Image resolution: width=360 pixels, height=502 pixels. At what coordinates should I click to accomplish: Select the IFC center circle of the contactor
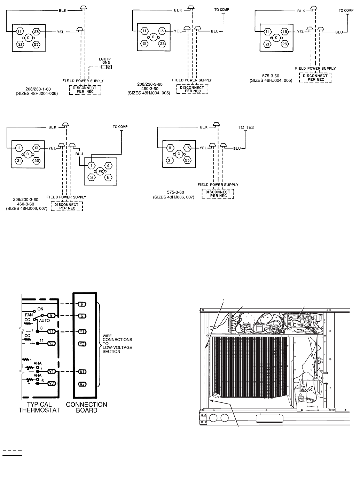point(100,172)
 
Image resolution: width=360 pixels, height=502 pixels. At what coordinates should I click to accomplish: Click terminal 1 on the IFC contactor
point(91,166)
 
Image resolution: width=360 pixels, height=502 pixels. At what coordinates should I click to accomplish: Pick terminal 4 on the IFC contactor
point(109,166)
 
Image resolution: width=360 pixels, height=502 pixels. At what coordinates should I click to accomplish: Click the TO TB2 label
point(246,127)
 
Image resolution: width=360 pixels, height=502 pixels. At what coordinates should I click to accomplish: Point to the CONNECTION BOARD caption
point(86,407)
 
